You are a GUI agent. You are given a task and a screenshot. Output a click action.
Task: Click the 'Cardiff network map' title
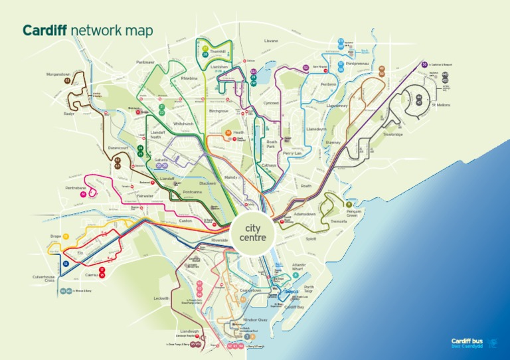[88, 31]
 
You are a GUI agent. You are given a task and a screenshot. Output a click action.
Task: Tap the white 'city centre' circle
[251, 233]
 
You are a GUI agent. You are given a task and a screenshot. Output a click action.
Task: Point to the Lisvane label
[271, 41]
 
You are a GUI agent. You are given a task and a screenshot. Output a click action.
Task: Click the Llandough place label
[189, 331]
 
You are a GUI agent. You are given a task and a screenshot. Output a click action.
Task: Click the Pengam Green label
[352, 213]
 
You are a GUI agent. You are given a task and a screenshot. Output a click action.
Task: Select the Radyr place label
[69, 113]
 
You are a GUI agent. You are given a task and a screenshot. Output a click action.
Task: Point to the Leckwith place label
[161, 299]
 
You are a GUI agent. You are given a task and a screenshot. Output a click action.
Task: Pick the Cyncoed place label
[271, 103]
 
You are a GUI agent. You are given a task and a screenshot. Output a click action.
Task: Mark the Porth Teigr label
[309, 290]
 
